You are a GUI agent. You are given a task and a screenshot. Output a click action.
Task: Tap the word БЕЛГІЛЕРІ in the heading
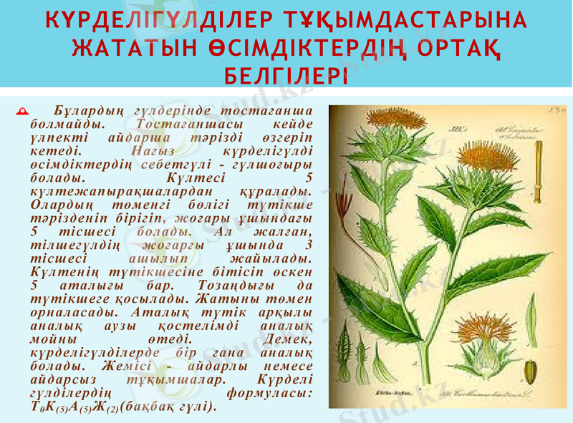(x=286, y=75)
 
